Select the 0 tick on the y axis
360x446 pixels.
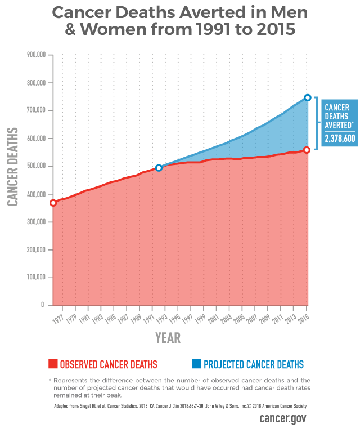[x=42, y=305]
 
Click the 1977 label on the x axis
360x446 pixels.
[x=58, y=318]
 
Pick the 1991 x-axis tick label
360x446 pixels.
[x=148, y=318]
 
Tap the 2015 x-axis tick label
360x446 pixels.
[x=304, y=318]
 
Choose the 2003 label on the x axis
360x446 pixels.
[x=227, y=318]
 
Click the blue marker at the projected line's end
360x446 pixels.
[x=307, y=97]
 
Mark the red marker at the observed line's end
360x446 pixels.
[x=307, y=150]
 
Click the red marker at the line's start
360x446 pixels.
[x=53, y=203]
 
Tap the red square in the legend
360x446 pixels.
[x=52, y=364]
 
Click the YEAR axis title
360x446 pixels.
[x=168, y=338]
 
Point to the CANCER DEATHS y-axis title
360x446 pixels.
[x=12, y=167]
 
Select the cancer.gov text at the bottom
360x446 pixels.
[x=283, y=420]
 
